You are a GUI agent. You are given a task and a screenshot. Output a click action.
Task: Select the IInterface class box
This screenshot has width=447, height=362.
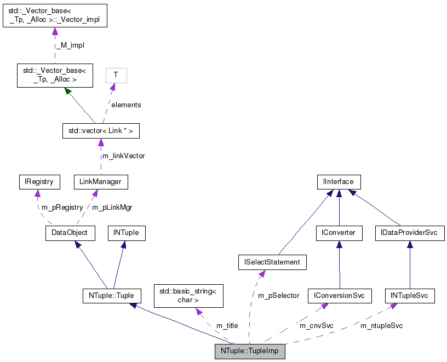[x=339, y=182]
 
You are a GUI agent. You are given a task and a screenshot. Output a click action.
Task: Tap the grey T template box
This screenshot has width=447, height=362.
[x=116, y=76]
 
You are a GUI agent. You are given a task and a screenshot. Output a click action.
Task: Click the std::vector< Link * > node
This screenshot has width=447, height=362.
[x=101, y=131]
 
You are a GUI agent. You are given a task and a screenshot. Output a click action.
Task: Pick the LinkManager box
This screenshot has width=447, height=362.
[x=101, y=182]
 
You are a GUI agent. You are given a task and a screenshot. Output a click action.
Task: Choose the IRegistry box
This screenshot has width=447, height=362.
[x=36, y=182]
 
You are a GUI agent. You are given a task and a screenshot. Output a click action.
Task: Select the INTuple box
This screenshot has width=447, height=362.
[x=126, y=233]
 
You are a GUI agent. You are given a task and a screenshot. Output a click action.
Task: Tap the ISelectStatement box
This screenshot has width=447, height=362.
[x=272, y=262]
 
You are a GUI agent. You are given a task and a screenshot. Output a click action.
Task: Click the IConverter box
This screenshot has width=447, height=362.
[x=339, y=233]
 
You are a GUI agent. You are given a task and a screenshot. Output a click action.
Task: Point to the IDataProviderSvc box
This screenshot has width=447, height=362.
[x=409, y=233]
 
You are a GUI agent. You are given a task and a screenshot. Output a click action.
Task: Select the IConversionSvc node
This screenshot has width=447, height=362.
[x=339, y=296]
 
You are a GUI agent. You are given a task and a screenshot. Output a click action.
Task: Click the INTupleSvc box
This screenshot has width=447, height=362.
[x=410, y=296]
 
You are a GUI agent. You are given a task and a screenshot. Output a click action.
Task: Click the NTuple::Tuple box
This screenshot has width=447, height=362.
[x=111, y=296]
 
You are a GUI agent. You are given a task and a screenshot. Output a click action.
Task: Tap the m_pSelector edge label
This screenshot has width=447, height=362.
[x=278, y=296]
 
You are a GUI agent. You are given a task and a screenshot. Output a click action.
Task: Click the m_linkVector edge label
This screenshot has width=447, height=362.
[x=124, y=156]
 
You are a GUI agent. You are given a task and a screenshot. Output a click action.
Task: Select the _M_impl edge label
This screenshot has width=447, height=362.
[x=70, y=45]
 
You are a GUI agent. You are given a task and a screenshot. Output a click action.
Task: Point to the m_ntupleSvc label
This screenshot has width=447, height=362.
[x=381, y=326]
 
